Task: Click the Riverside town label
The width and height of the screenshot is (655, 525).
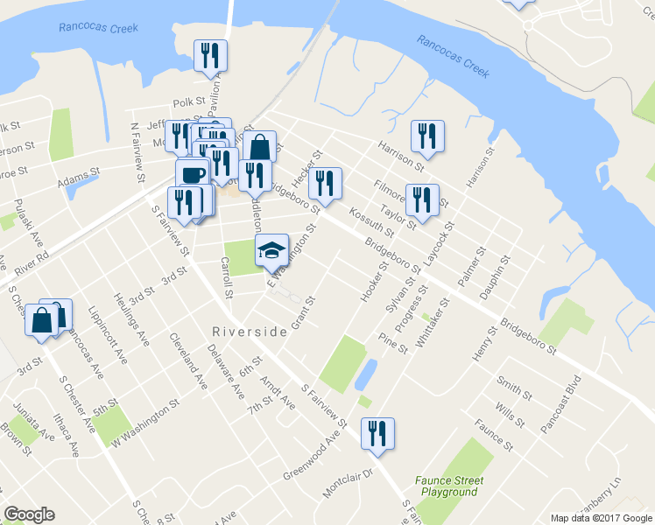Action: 250,332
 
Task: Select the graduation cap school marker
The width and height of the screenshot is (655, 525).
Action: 271,250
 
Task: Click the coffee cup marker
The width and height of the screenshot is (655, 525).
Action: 193,174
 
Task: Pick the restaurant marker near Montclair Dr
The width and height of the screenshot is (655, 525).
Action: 377,434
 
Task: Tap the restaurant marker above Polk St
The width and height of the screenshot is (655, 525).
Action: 210,56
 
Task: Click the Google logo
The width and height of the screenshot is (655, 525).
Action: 29,514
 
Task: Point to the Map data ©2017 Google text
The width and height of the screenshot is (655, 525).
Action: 601,518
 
